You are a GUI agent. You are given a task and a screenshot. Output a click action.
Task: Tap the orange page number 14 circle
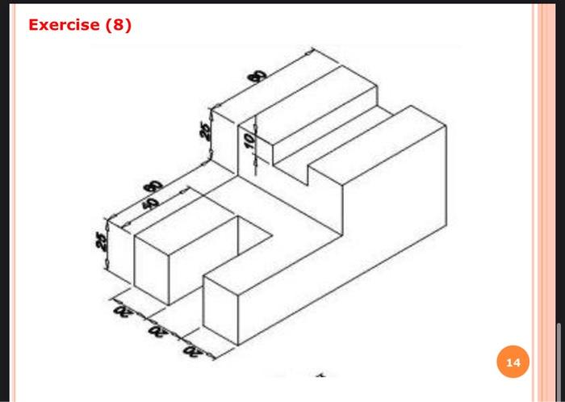pos(513,362)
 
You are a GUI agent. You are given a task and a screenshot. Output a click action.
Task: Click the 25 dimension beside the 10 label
pos(207,128)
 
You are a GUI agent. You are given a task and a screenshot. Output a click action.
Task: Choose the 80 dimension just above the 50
pos(150,187)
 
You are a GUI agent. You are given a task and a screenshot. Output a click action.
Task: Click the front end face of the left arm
pos(149,271)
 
